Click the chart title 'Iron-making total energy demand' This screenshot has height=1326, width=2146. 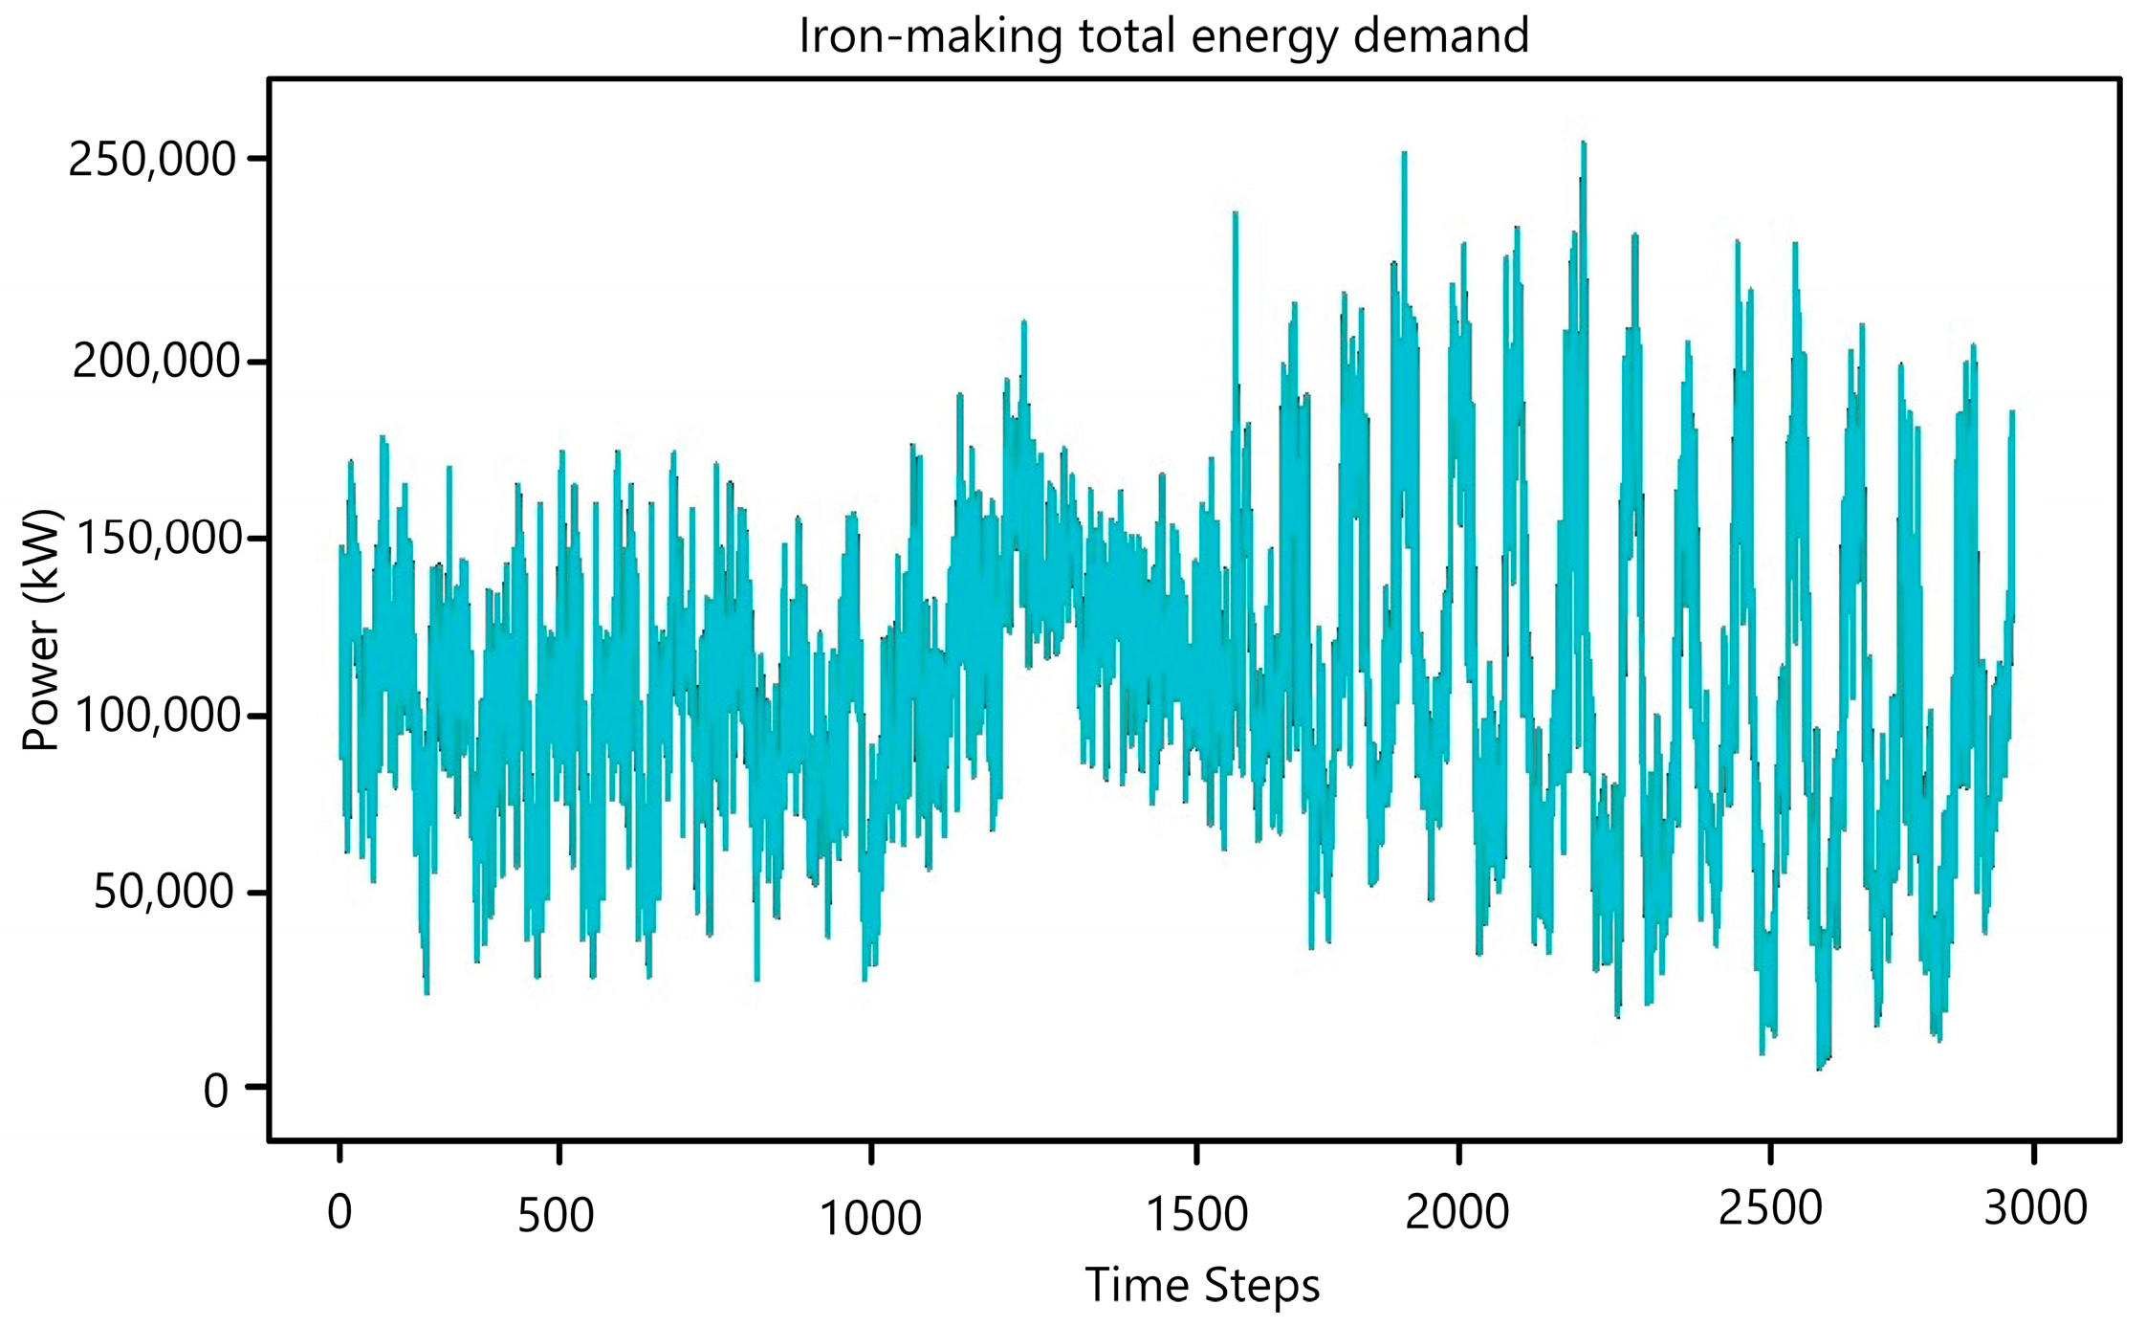(1163, 36)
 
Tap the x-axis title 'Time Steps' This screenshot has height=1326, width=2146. (1201, 1284)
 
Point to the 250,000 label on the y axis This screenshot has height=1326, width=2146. (152, 160)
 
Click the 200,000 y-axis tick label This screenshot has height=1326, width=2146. (155, 362)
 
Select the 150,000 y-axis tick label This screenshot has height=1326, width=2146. (155, 539)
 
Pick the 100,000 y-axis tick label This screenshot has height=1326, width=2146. (155, 716)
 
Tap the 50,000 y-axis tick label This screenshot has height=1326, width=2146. (164, 892)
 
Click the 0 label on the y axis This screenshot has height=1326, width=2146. (215, 1091)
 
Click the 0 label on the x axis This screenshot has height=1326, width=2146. (339, 1212)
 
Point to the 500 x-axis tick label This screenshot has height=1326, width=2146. (556, 1216)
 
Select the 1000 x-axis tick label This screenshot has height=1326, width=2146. (870, 1218)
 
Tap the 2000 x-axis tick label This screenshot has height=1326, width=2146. (1456, 1212)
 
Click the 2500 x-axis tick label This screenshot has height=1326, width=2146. (1770, 1208)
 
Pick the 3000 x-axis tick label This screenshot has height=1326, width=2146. (2035, 1208)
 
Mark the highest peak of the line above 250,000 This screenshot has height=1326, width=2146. (1584, 144)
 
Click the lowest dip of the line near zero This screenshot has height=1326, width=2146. (1819, 1067)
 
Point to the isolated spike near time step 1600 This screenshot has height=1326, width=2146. (1236, 215)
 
